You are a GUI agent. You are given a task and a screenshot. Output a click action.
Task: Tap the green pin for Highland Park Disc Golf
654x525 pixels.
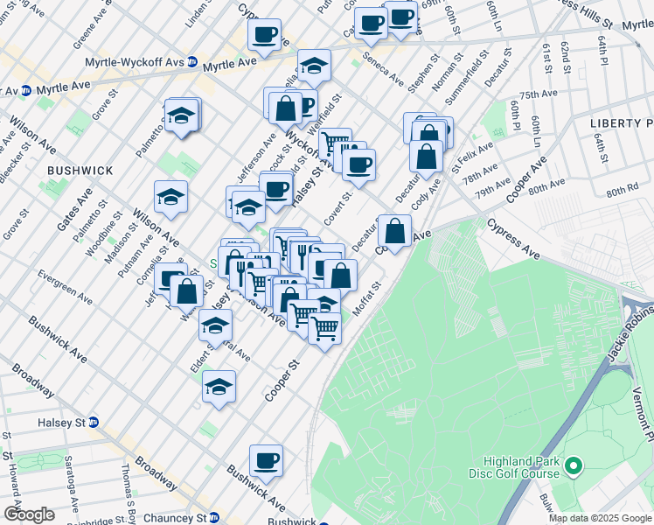[574, 467]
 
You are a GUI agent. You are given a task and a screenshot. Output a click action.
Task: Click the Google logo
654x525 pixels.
[30, 514]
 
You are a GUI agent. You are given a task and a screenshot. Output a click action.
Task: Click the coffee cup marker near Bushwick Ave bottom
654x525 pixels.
[266, 461]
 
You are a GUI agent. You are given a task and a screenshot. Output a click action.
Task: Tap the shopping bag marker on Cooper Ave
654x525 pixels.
[395, 232]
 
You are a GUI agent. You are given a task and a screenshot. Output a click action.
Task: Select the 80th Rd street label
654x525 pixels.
[622, 190]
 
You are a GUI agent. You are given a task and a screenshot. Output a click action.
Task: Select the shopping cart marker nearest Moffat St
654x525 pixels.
[324, 329]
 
